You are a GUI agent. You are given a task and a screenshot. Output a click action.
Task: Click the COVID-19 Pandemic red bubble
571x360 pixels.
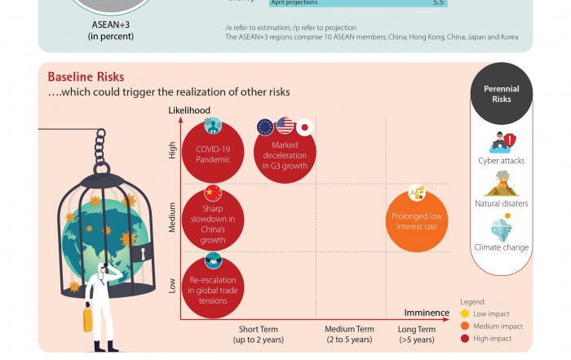pos(213,153)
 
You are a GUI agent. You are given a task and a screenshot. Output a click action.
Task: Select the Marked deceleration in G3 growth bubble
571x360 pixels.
pos(285,153)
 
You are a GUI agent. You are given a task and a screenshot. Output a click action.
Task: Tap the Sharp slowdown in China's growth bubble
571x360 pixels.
pos(214,223)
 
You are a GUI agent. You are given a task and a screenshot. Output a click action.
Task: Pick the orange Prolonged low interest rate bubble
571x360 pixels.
pos(416,220)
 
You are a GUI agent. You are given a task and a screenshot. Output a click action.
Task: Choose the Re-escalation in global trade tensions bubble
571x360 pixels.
pos(213,288)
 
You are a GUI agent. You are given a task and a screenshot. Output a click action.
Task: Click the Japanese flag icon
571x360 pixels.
pos(304,127)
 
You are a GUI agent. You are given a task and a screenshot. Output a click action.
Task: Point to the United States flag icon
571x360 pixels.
pos(285,125)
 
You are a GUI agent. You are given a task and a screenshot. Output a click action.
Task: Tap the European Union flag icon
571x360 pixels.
pos(265,127)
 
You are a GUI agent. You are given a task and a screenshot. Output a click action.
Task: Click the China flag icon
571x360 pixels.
pos(213,193)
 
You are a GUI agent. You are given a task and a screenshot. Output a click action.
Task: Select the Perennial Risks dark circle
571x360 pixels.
pos(502,94)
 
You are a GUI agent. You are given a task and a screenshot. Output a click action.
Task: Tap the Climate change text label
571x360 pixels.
pos(502,247)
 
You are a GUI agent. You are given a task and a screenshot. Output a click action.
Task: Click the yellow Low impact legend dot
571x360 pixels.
pos(465,313)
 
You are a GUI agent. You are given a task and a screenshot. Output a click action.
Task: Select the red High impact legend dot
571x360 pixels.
pos(465,339)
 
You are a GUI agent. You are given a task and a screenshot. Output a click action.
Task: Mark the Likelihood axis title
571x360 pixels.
pos(189,110)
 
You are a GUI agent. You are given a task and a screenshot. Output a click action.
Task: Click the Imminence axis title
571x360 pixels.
pos(427,313)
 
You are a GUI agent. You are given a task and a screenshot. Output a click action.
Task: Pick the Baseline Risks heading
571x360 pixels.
pos(86,77)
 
